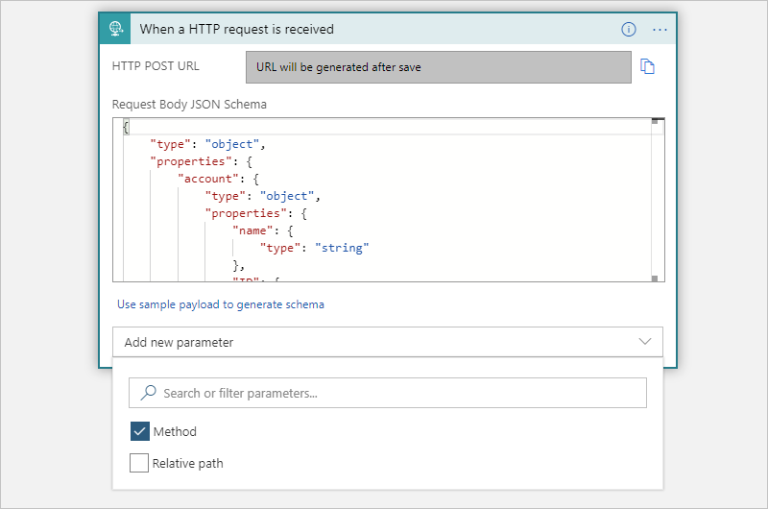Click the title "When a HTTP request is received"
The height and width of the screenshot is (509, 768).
click(x=236, y=29)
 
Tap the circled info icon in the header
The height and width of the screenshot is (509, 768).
click(x=629, y=29)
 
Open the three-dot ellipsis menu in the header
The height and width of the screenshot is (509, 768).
click(x=660, y=29)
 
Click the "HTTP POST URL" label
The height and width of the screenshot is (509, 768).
click(x=149, y=67)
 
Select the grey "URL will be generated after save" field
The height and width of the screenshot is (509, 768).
click(x=438, y=67)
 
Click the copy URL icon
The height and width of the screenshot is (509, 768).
click(x=647, y=67)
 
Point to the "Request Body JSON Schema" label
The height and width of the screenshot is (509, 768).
click(x=189, y=104)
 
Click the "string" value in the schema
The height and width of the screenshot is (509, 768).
click(x=342, y=248)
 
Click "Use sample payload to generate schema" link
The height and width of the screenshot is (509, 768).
click(x=221, y=304)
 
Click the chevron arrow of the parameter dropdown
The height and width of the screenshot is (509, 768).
click(x=645, y=342)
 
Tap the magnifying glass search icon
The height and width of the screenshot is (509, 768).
click(x=149, y=393)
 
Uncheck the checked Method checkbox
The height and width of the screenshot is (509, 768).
click(x=139, y=432)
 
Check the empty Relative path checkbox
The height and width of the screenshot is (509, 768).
click(x=139, y=464)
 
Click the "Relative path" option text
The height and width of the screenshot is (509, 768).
click(x=188, y=464)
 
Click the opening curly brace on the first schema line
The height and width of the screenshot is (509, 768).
click(x=126, y=127)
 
